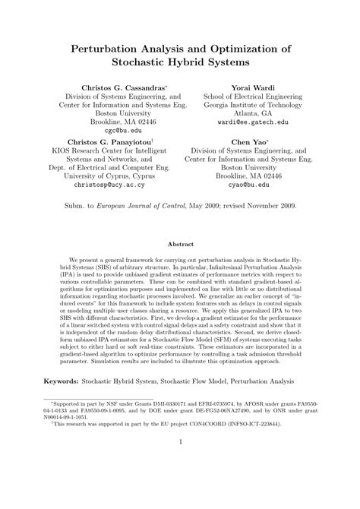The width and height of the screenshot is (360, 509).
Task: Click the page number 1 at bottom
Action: click(x=180, y=482)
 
